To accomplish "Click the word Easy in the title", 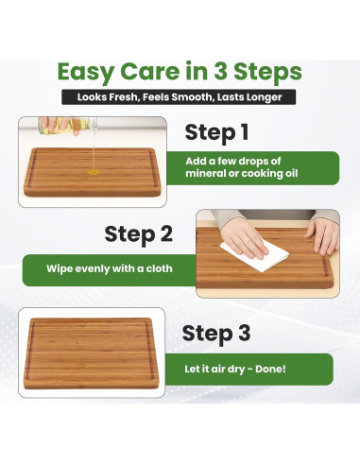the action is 85,73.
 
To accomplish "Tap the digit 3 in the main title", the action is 221,71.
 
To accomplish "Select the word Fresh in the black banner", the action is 124,97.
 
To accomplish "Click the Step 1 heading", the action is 216,132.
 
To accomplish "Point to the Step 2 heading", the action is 138,234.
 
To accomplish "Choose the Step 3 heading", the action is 216,334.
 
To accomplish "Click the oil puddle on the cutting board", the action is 94,172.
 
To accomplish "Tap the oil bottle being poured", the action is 68,126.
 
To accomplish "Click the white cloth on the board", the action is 254,255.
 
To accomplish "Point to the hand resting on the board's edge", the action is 323,235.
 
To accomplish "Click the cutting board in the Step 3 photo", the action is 91,353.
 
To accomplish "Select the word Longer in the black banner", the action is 266,97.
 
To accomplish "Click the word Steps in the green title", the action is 267,73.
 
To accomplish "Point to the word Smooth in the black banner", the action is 193,97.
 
